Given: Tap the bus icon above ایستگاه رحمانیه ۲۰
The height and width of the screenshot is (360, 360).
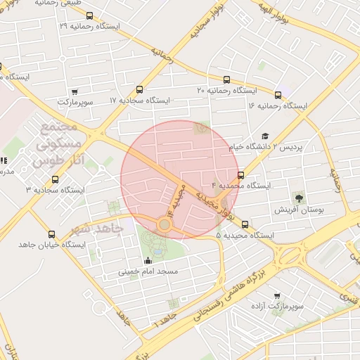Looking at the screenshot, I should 226,79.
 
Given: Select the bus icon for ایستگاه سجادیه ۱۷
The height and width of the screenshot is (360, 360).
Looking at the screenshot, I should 139,89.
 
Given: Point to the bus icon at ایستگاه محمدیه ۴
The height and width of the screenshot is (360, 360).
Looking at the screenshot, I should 241,175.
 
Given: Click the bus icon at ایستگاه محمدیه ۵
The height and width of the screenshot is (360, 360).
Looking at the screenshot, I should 245,225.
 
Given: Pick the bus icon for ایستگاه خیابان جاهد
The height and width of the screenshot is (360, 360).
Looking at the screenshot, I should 51,234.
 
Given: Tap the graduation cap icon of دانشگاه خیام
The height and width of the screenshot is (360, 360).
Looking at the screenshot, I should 265,136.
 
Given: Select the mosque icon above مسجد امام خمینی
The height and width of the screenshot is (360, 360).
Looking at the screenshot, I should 148,261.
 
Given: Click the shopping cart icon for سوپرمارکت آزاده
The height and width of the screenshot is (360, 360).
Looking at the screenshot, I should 277,296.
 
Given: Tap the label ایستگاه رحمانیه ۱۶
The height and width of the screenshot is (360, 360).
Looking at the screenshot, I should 278,105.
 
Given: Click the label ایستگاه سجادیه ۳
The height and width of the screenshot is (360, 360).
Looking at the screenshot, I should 56,190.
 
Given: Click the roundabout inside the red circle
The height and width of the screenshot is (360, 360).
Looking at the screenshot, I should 165,224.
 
